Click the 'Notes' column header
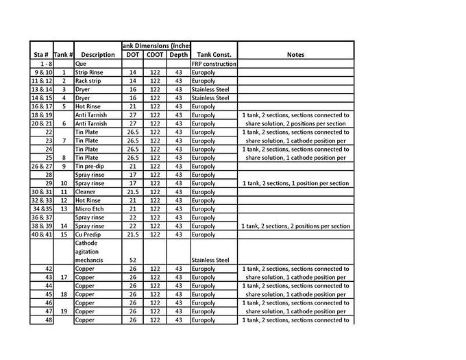click(x=295, y=54)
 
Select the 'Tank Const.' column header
click(x=214, y=54)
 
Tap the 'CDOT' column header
click(x=155, y=54)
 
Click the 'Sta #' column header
click(x=41, y=54)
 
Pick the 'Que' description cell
click(x=81, y=63)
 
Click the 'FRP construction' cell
click(x=214, y=63)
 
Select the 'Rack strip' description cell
click(x=88, y=80)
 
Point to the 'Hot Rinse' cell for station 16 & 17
click(x=88, y=106)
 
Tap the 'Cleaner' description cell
click(x=86, y=192)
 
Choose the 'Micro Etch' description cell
click(x=90, y=209)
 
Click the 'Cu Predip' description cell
click(x=89, y=235)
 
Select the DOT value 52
click(x=133, y=260)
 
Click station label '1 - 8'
click(x=41, y=63)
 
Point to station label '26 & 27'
click(x=41, y=166)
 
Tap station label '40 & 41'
click(x=41, y=235)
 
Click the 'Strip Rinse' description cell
click(x=90, y=72)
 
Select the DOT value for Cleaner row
click(x=133, y=192)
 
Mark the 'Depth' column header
click(x=179, y=54)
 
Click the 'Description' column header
click(x=97, y=54)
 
